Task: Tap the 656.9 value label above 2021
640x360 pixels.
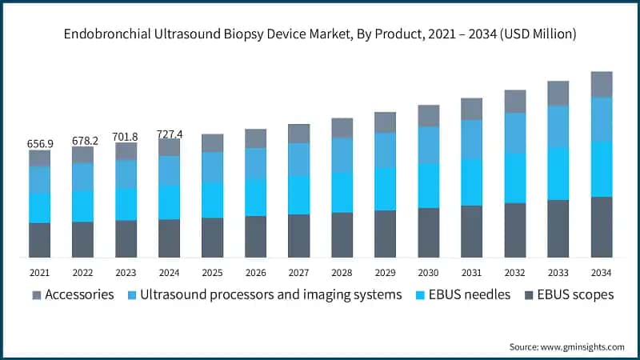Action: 40,143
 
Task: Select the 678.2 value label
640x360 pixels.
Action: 83,140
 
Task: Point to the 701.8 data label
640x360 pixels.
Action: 126,137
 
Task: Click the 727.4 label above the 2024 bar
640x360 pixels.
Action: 170,134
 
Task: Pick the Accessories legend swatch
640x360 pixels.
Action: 36,295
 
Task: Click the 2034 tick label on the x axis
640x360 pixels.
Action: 601,273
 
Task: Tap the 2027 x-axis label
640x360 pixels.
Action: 298,273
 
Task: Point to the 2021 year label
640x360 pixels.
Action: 40,273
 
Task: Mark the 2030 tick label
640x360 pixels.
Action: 428,273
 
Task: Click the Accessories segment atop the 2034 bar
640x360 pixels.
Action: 601,84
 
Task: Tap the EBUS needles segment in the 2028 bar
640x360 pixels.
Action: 342,192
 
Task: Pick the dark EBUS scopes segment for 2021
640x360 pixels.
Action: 40,240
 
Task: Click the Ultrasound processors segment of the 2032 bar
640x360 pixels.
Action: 514,133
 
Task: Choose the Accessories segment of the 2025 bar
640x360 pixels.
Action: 213,142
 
